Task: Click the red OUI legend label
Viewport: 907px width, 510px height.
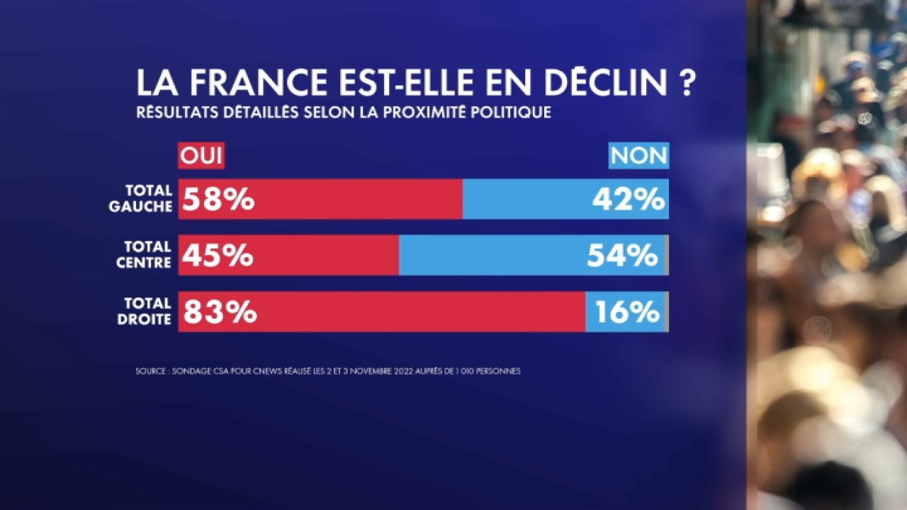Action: point(201,157)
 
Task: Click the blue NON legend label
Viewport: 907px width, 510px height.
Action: point(638,157)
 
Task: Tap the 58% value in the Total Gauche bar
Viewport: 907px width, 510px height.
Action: point(218,200)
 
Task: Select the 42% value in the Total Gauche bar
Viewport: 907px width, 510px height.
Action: point(629,200)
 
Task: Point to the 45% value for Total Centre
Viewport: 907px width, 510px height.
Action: point(218,256)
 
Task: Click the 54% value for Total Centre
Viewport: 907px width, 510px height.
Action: point(622,256)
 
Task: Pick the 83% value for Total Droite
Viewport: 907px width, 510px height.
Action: point(220,312)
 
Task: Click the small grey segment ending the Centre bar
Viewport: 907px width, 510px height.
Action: point(667,256)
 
